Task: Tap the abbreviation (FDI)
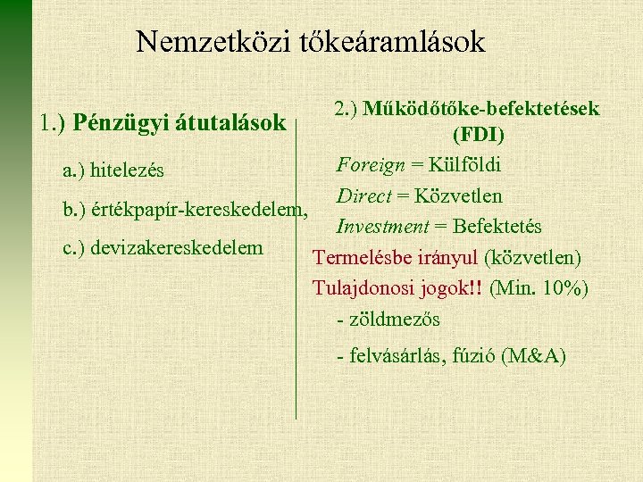[x=478, y=136]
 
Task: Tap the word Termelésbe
[x=355, y=258]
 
